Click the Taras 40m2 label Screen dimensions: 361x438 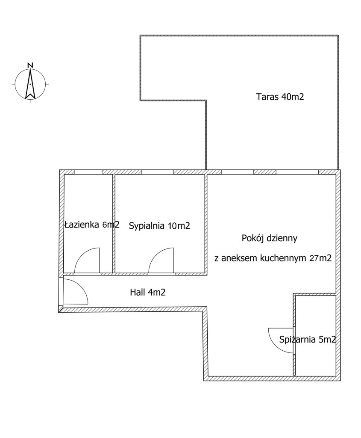[280, 97]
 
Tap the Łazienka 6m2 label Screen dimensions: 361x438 [92, 224]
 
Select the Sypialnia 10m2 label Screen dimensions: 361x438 [159, 226]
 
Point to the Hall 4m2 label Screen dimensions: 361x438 [147, 292]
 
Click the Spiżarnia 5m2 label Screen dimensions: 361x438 [308, 339]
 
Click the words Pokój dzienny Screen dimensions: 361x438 [270, 238]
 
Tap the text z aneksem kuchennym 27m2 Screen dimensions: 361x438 [273, 258]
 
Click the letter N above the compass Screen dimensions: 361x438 [30, 65]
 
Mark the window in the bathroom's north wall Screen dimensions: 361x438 [88, 172]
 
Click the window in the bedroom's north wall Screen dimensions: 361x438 [158, 172]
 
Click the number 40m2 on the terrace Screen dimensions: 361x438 [292, 97]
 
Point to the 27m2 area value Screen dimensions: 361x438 [320, 258]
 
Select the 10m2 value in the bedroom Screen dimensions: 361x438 [179, 226]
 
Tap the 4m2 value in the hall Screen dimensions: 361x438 [156, 292]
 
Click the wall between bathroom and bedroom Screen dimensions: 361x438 [114, 223]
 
